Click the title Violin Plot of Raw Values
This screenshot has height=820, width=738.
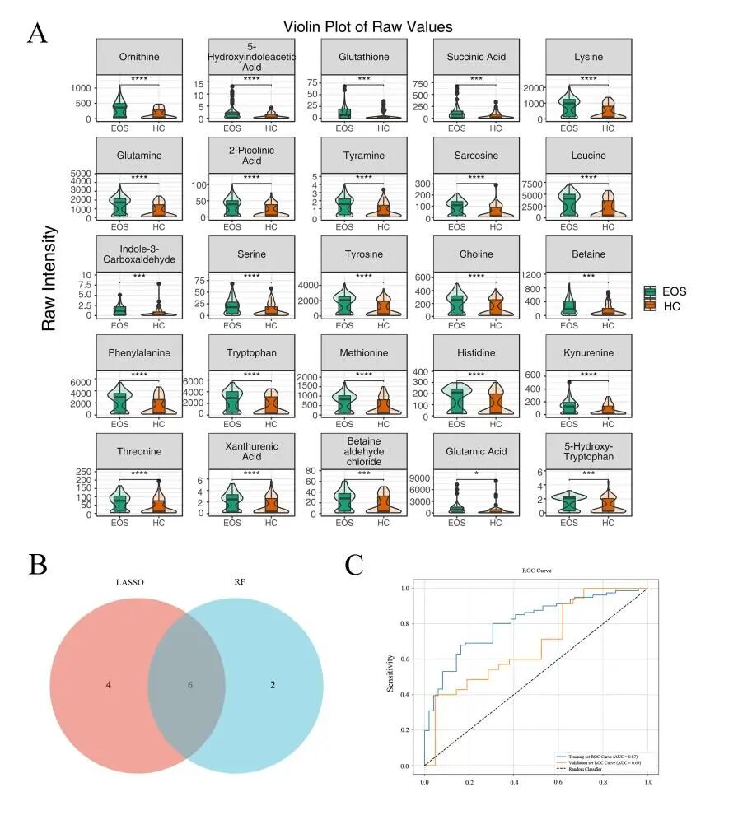pyautogui.click(x=368, y=26)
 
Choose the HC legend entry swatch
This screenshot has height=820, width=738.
pyautogui.click(x=652, y=305)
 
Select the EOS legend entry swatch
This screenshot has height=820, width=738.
pyautogui.click(x=652, y=291)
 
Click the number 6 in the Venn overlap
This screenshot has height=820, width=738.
pyautogui.click(x=190, y=685)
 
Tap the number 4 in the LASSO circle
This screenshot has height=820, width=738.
pyautogui.click(x=108, y=685)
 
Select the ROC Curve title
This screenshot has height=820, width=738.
pyautogui.click(x=536, y=570)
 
